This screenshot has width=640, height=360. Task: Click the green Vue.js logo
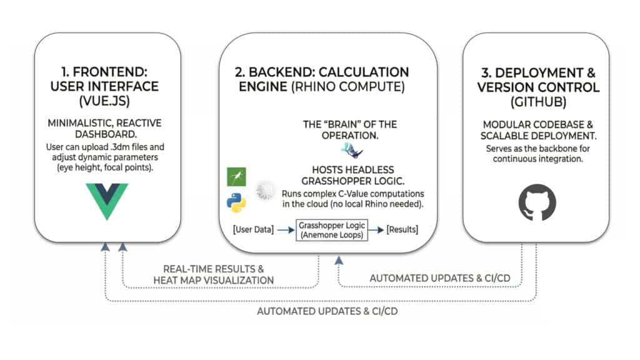point(107,199)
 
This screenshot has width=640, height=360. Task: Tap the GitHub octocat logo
point(537,202)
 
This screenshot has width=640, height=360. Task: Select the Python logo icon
point(236,202)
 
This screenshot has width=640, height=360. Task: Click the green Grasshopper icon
point(236,177)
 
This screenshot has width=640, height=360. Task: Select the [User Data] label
point(252,230)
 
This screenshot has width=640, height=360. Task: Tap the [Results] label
point(402,230)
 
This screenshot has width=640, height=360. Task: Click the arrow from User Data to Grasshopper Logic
point(284,230)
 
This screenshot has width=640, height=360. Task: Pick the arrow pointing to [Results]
point(376,230)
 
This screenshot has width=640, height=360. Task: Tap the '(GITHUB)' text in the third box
point(537,101)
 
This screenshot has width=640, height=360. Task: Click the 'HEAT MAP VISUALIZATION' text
point(213,280)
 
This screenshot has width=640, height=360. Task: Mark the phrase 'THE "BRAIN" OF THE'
point(349,124)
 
